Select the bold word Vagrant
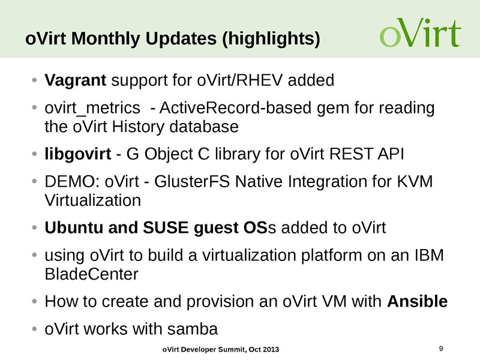(x=76, y=80)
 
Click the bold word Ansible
(x=418, y=301)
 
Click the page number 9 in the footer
(x=442, y=349)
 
